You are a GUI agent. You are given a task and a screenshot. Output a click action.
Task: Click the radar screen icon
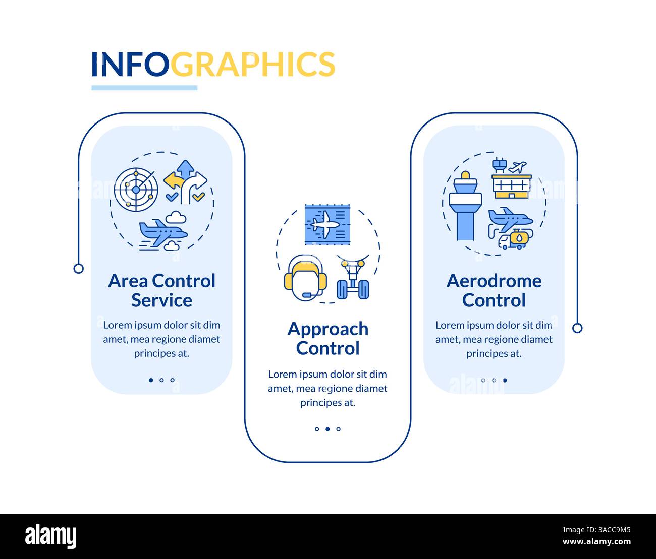tap(136, 190)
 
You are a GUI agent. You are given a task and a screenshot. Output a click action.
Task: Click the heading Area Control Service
tap(161, 290)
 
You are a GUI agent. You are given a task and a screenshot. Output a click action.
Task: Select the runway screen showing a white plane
tap(327, 224)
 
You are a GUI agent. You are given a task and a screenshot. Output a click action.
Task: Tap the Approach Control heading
tap(327, 339)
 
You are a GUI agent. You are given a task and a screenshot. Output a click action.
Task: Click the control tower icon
tap(465, 207)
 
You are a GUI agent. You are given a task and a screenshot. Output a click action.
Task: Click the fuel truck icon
tap(514, 240)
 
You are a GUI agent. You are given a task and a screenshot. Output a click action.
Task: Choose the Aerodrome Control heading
tap(494, 290)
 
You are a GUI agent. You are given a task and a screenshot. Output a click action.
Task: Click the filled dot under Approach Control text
tap(327, 429)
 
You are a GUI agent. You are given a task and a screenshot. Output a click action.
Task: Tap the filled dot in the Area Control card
tap(151, 380)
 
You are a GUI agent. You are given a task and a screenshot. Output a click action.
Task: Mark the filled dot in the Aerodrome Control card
tap(505, 380)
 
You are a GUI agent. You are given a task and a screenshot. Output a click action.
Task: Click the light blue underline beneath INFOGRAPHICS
tap(144, 88)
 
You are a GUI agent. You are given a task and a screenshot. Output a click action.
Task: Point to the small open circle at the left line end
tap(78, 268)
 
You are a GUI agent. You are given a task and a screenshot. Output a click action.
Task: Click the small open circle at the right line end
tap(577, 328)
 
